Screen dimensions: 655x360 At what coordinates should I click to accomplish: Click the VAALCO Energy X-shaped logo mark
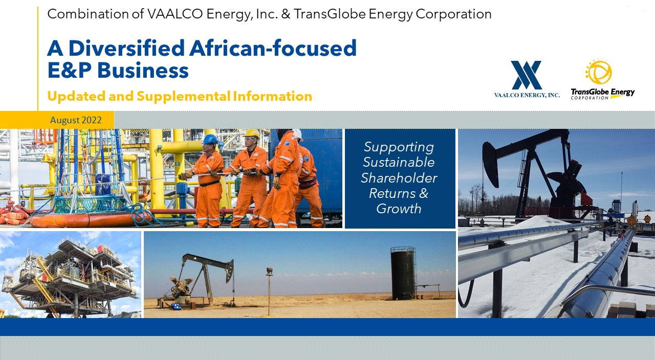pyautogui.click(x=527, y=75)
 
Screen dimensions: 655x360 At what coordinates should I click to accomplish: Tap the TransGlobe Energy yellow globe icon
pyautogui.click(x=599, y=72)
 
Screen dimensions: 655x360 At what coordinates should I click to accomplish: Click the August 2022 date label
pyautogui.click(x=76, y=120)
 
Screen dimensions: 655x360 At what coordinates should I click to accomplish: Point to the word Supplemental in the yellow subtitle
pyautogui.click(x=184, y=96)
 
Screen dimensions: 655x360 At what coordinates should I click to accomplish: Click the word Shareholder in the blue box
pyautogui.click(x=399, y=178)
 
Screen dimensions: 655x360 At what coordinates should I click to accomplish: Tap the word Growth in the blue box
pyautogui.click(x=399, y=209)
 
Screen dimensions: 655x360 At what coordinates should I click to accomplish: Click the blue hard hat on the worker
pyautogui.click(x=210, y=139)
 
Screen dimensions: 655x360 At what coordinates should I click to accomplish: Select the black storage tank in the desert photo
pyautogui.click(x=403, y=273)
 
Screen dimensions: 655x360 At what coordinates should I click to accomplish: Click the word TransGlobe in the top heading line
pyautogui.click(x=330, y=14)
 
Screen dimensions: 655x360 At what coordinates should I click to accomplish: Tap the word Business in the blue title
pyautogui.click(x=143, y=71)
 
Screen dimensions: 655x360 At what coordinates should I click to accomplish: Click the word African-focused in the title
pyautogui.click(x=273, y=48)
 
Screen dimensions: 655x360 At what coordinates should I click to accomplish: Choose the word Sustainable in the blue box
pyautogui.click(x=399, y=163)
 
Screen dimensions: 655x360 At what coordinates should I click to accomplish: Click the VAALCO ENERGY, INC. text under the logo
pyautogui.click(x=527, y=95)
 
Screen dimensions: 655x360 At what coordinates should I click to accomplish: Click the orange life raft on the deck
pyautogui.click(x=91, y=220)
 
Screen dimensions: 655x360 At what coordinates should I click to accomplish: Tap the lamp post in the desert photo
pyautogui.click(x=269, y=291)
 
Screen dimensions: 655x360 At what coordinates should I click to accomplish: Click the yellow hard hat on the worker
pyautogui.click(x=252, y=134)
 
